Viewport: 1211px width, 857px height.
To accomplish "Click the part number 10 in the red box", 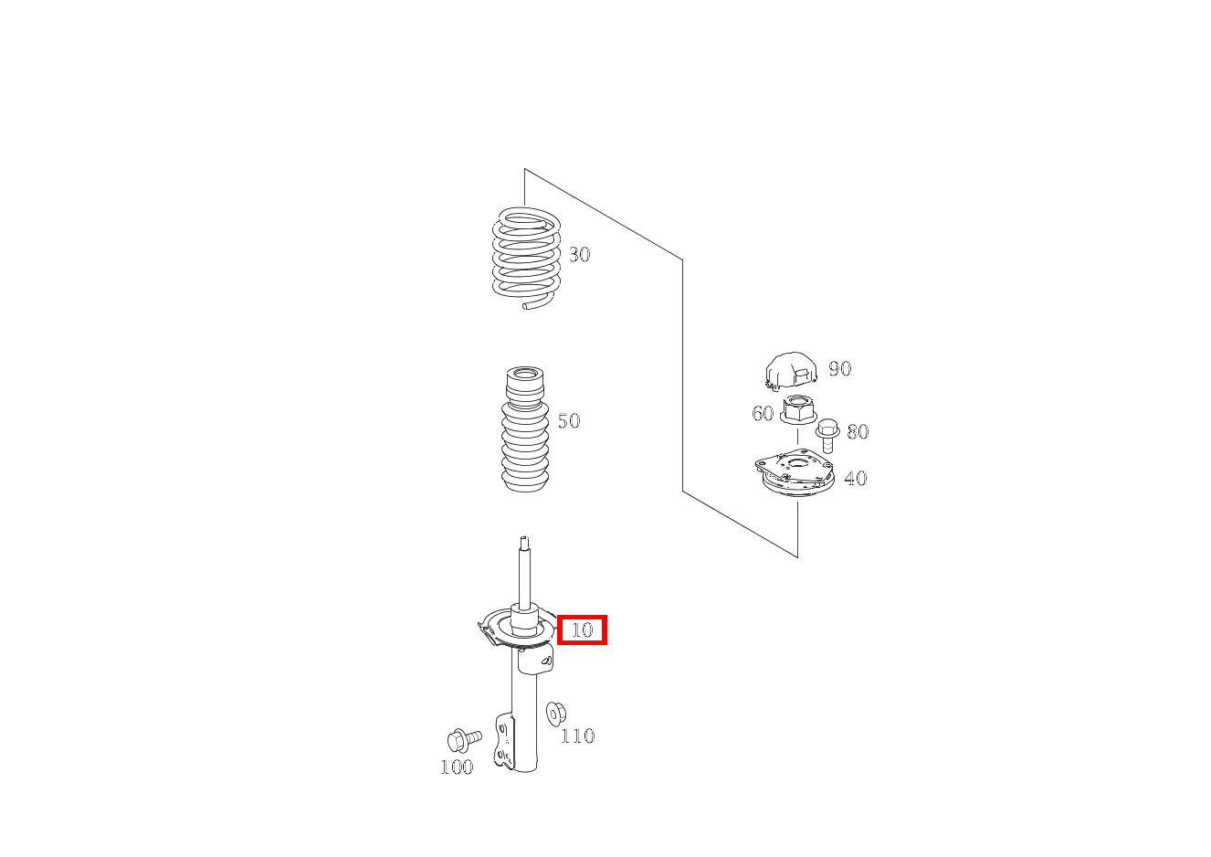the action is coord(582,630).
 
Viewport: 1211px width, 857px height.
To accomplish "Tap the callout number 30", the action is coord(579,255).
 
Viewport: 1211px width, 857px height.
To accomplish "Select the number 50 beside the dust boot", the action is coord(569,421).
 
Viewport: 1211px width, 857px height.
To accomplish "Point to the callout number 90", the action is coord(839,369).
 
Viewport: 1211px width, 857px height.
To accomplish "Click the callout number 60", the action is coord(763,414).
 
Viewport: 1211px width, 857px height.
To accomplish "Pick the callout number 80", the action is coord(858,432).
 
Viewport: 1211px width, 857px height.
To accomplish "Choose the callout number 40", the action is coord(855,479).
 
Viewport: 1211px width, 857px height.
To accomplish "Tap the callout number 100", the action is coord(457,767).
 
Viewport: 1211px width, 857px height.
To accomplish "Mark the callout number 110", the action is coord(577,736).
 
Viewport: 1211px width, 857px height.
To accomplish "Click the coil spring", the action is coord(525,258).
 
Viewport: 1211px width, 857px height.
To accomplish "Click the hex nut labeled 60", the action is coord(797,409).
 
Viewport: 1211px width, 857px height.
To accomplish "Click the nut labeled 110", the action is coord(555,712).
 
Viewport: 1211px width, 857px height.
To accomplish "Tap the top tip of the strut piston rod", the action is coord(524,540).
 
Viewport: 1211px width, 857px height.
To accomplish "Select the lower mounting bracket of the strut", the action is coord(503,742).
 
